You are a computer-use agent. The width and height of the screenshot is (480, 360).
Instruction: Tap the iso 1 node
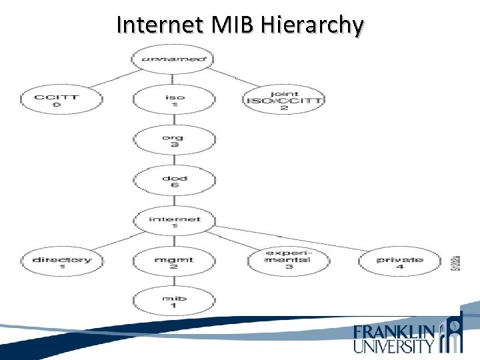click(x=175, y=101)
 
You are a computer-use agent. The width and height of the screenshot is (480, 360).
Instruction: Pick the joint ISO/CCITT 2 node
click(x=284, y=101)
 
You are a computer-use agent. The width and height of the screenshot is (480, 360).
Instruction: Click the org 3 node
click(x=175, y=141)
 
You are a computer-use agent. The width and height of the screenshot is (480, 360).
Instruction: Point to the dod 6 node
click(x=175, y=181)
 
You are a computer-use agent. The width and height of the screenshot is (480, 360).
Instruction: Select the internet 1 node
click(x=175, y=222)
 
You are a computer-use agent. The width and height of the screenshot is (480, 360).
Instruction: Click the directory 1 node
click(x=61, y=263)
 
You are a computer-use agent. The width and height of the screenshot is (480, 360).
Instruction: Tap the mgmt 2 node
click(x=175, y=263)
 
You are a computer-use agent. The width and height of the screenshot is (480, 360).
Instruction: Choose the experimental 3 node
click(x=288, y=261)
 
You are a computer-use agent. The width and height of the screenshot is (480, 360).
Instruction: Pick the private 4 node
click(x=400, y=263)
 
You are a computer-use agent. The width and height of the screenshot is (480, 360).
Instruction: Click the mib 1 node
click(x=175, y=302)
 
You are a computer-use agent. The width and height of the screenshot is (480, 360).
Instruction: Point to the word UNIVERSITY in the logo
click(x=394, y=345)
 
